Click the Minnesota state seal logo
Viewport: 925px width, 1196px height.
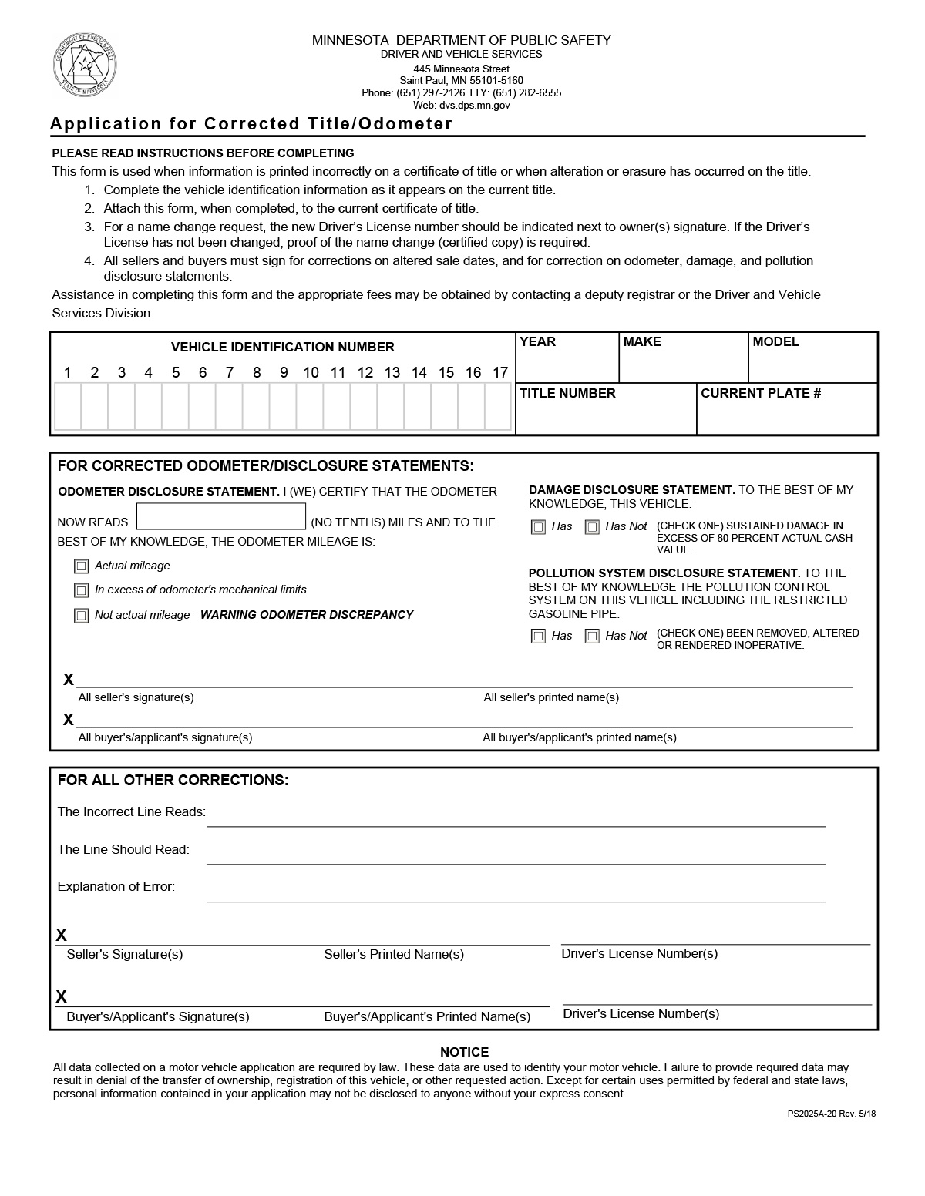click(85, 65)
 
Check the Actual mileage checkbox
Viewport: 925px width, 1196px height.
click(81, 566)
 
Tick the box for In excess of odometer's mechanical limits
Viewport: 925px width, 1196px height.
click(81, 590)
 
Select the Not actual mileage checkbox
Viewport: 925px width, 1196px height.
click(81, 616)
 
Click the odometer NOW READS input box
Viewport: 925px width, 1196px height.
click(221, 516)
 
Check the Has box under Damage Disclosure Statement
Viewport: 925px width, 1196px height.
click(538, 527)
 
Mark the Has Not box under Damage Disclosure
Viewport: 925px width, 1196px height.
click(592, 527)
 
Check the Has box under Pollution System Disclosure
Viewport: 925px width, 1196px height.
click(538, 636)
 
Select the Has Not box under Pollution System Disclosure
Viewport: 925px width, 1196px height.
click(592, 636)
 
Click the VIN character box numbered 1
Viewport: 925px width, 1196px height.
click(68, 406)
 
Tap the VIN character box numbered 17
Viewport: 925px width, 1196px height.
click(499, 406)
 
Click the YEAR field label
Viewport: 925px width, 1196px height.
click(537, 342)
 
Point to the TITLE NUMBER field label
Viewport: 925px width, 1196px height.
click(567, 394)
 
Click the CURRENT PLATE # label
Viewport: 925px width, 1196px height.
click(761, 394)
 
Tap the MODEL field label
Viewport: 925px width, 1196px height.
click(775, 342)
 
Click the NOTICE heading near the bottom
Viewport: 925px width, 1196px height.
click(464, 1052)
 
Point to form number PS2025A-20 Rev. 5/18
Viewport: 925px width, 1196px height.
click(831, 1114)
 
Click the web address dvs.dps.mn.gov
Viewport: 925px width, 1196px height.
click(461, 106)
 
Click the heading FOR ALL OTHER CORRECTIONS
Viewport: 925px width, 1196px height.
click(173, 780)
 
